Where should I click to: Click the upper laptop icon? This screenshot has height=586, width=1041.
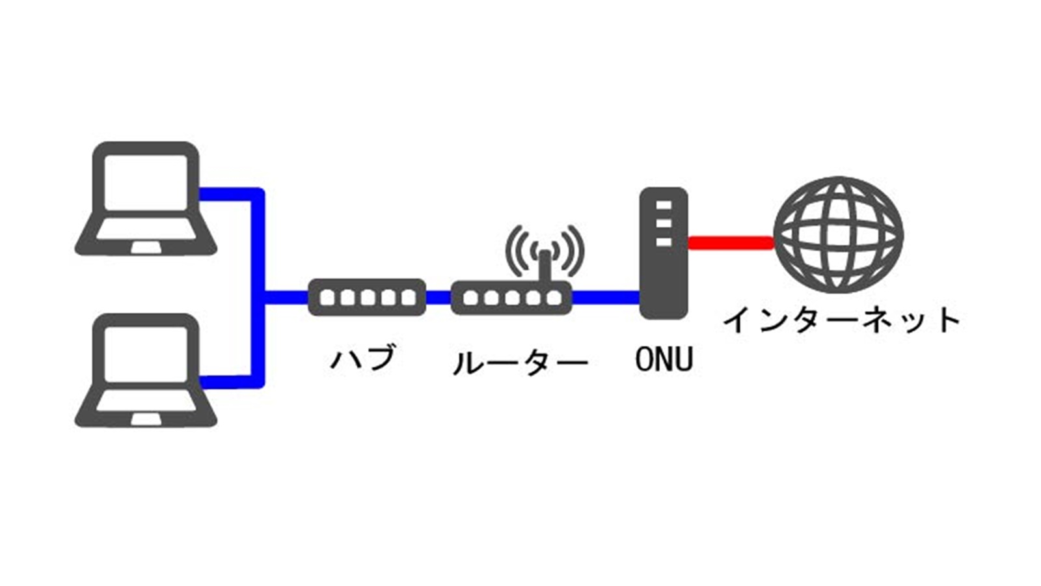(x=146, y=199)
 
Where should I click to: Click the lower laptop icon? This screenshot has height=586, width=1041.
(x=146, y=370)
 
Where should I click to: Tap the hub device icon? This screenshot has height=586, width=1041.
(x=367, y=298)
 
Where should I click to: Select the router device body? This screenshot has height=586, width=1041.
(x=511, y=298)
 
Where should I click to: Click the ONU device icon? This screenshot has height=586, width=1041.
(x=663, y=253)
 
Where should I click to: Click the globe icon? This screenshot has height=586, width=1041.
(x=839, y=235)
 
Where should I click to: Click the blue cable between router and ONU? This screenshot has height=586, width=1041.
(x=605, y=298)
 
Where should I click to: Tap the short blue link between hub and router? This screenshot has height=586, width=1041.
(x=439, y=298)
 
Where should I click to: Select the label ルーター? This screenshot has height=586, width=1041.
(x=520, y=363)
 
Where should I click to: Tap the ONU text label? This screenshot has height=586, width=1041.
(x=664, y=359)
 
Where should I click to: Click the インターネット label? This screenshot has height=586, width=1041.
(x=841, y=320)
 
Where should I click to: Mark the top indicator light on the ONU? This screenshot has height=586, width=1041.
(x=663, y=206)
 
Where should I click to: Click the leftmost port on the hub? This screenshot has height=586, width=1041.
(x=328, y=298)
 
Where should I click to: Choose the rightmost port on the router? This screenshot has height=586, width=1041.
(x=554, y=298)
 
